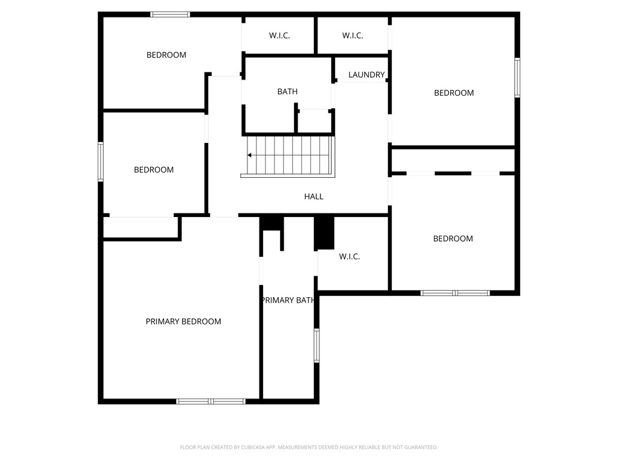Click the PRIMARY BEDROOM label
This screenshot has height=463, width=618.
click(183, 321)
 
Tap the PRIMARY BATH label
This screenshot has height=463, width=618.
click(287, 300)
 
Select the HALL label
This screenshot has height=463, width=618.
click(314, 197)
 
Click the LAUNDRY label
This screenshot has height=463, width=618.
click(366, 75)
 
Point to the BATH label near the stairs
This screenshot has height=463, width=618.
click(287, 92)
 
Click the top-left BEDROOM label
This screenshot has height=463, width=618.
click(167, 55)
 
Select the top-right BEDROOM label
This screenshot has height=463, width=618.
click(454, 93)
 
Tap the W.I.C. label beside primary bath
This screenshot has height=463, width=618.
click(349, 257)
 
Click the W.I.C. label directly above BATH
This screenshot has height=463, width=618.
click(279, 36)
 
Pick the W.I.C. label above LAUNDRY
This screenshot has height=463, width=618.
click(352, 36)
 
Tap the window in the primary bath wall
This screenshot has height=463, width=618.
click(316, 345)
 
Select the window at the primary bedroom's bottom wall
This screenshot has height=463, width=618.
click(211, 401)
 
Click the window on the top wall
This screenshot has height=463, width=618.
click(170, 14)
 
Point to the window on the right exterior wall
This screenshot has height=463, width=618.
click(517, 77)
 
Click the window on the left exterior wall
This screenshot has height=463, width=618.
click(101, 162)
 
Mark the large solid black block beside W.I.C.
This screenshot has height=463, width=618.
click(325, 233)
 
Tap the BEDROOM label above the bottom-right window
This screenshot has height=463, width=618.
click(453, 239)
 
